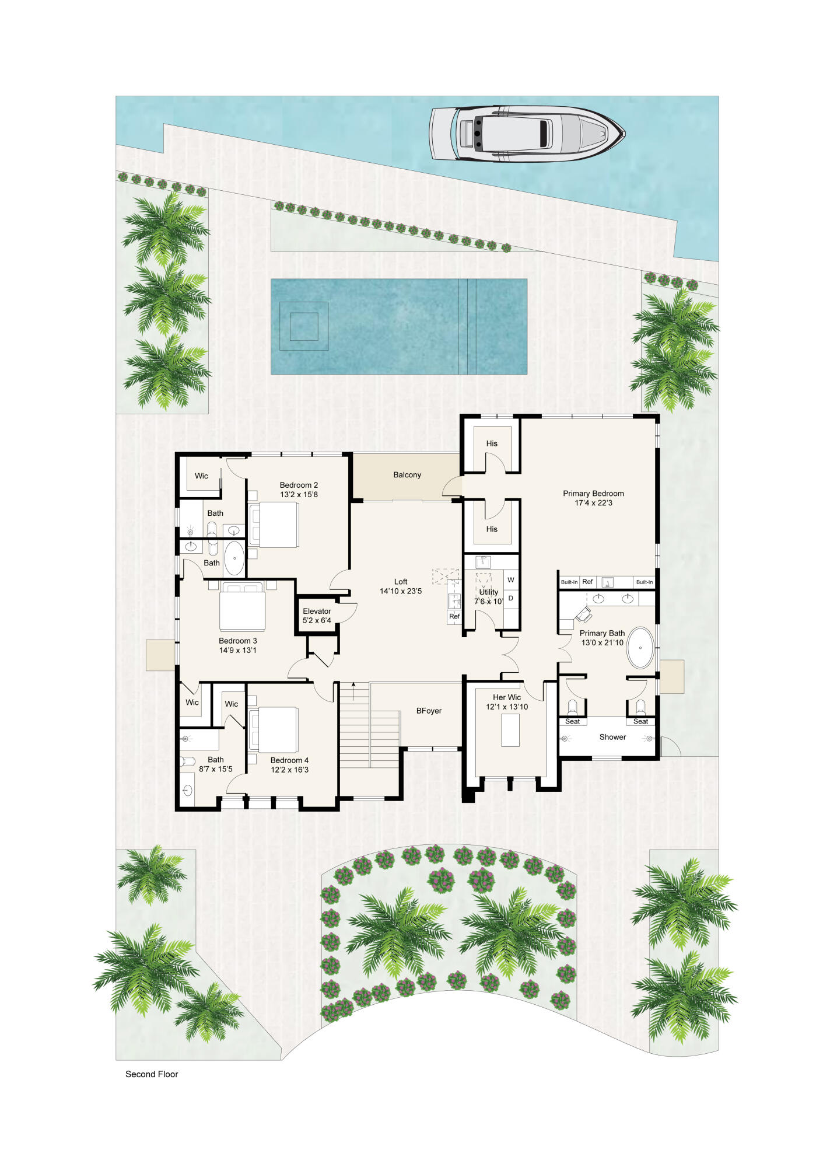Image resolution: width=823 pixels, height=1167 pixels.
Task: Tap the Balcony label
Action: (x=407, y=475)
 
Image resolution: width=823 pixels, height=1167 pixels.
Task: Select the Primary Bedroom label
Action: (x=593, y=494)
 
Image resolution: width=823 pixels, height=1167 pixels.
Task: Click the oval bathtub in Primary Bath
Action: (x=641, y=648)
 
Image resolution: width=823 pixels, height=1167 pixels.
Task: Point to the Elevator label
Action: (x=317, y=611)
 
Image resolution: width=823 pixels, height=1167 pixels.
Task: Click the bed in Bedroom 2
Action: (x=275, y=524)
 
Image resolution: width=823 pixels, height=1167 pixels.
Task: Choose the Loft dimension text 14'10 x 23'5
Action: (x=401, y=591)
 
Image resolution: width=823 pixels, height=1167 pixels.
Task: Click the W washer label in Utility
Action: (x=511, y=580)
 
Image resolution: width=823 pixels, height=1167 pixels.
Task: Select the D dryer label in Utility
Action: (x=511, y=598)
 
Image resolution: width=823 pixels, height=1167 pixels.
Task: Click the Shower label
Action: (x=612, y=737)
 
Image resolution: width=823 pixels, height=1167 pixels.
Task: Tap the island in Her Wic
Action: (x=510, y=729)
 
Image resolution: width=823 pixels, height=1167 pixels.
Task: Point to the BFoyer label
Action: (x=429, y=711)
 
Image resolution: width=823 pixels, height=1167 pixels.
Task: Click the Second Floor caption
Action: (x=152, y=1074)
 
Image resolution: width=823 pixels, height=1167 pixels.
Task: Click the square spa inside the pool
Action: (x=304, y=326)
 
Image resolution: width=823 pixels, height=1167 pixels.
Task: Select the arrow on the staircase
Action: (x=353, y=689)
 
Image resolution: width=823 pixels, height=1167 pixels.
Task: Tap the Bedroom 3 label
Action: (x=237, y=641)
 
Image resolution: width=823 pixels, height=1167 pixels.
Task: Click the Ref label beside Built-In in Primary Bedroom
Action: (x=587, y=582)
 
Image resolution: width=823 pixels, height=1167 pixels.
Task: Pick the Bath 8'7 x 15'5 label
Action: (x=216, y=764)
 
